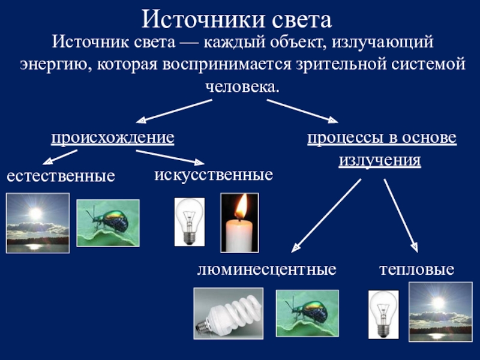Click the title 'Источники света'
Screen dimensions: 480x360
(x=237, y=20)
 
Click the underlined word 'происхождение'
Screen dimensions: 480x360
(x=112, y=138)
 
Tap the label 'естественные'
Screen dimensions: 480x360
(x=60, y=176)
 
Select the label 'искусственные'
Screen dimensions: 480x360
(x=214, y=175)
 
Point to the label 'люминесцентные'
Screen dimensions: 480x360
(x=266, y=269)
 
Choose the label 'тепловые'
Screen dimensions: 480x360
(x=416, y=269)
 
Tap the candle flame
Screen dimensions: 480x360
(x=240, y=207)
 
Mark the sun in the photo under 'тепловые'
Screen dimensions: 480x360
(x=439, y=303)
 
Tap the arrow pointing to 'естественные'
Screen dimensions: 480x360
(x=61, y=157)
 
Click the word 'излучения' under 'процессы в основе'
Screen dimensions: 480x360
(x=380, y=161)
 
